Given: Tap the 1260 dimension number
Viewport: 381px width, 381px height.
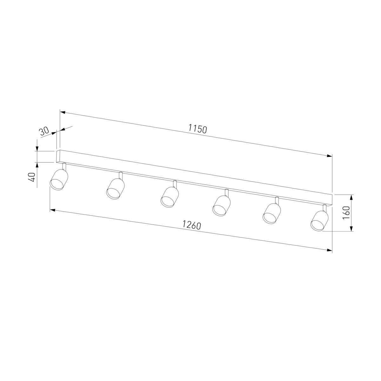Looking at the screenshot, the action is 191,225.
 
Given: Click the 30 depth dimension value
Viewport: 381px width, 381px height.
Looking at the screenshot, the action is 44,131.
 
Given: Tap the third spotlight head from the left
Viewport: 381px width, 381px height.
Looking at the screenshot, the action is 170,197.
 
